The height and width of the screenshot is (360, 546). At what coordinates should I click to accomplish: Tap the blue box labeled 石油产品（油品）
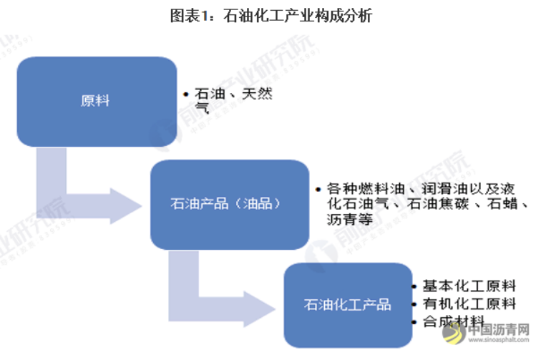point(225,204)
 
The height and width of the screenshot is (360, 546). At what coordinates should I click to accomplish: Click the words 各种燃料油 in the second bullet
point(361,189)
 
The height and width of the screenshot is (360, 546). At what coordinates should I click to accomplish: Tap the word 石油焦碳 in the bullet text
point(434,205)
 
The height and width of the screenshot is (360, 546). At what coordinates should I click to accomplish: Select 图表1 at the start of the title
point(187,15)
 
